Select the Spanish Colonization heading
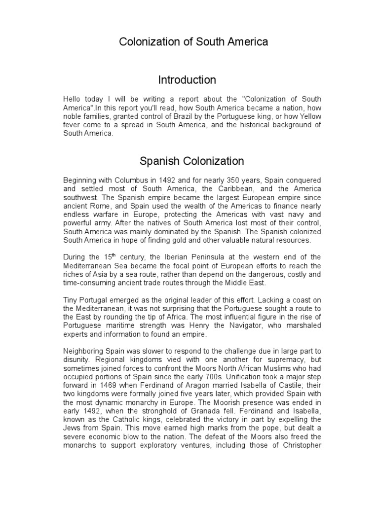click(x=192, y=161)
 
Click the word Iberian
click(x=179, y=257)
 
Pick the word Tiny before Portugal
click(x=71, y=300)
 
